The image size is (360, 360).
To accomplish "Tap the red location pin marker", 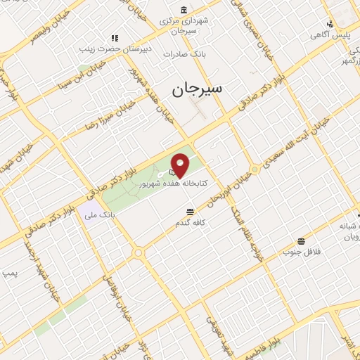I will pos(180,165).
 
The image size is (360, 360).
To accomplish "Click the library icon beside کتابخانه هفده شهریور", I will pos(173,172).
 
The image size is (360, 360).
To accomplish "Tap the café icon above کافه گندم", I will pos(191,212).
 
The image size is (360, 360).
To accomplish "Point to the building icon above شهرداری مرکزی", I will pos(184,10).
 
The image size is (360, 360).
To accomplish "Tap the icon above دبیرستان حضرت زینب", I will pos(113,38).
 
